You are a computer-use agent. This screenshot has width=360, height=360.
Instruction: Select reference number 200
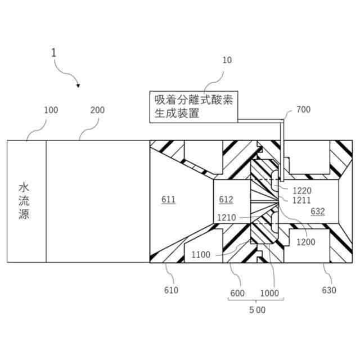(97, 110)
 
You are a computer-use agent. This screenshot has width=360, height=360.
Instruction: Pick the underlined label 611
(168, 200)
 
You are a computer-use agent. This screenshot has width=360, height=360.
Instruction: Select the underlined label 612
(226, 200)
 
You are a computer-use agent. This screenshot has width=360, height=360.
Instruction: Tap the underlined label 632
(318, 211)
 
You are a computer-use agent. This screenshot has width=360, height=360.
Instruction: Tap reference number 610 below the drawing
(171, 290)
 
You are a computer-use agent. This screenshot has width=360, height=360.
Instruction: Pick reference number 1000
(269, 292)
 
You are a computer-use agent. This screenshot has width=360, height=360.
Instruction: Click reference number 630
(329, 290)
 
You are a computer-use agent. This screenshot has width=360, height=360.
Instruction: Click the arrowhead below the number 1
(78, 85)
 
